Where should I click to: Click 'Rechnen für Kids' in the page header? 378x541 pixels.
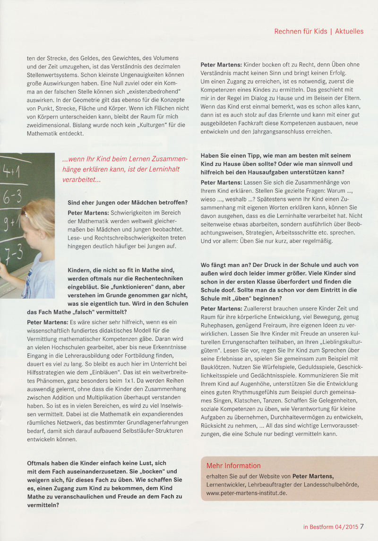click(301, 31)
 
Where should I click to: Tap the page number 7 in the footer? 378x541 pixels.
click(361, 526)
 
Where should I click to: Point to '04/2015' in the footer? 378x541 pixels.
click(344, 526)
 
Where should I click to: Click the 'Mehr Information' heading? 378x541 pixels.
click(233, 465)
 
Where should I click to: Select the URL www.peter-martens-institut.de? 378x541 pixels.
click(247, 493)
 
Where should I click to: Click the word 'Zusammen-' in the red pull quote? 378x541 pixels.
click(167, 160)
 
